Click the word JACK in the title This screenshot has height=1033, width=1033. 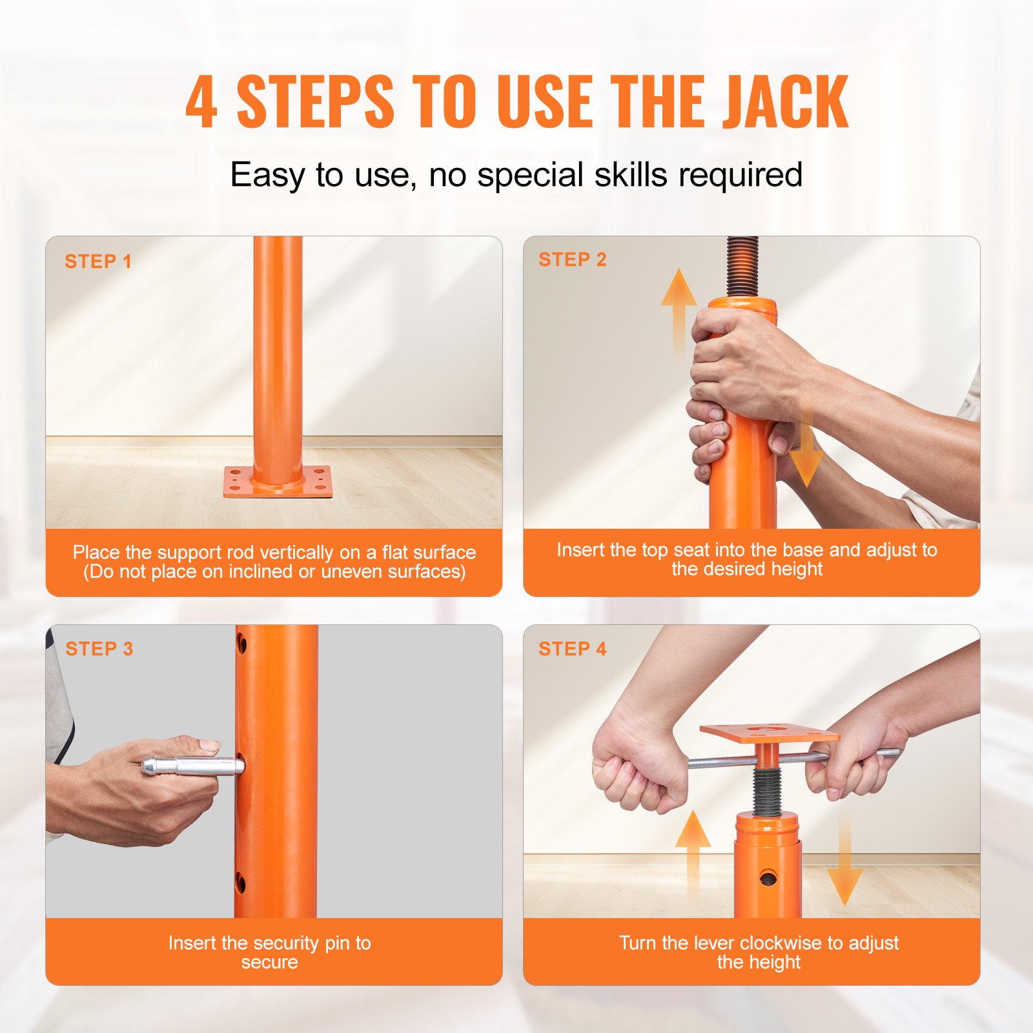[784, 102]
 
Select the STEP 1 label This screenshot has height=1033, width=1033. [98, 261]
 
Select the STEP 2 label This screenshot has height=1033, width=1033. [573, 260]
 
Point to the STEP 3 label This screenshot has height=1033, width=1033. [99, 649]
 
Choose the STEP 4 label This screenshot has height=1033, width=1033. [573, 649]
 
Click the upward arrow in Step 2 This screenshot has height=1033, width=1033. [679, 310]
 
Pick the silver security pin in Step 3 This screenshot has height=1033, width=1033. [194, 766]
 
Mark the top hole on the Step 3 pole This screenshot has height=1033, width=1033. [241, 644]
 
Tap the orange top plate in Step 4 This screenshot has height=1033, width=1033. [769, 733]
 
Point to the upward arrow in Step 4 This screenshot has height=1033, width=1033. [693, 852]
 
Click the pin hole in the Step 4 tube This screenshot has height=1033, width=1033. [768, 878]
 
